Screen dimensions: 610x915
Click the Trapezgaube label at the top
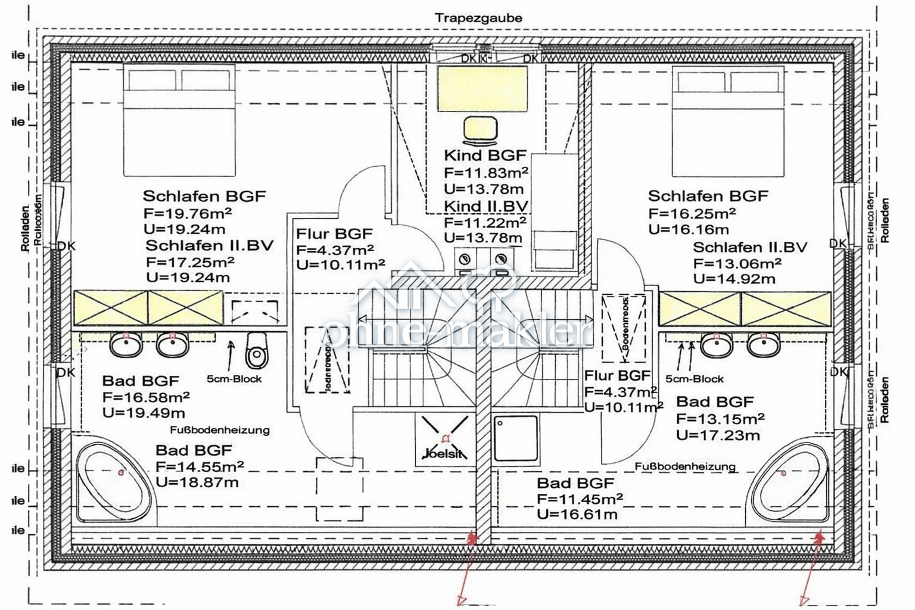(x=478, y=18)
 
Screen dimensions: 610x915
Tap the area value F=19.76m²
(x=188, y=213)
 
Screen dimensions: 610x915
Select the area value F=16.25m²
(x=692, y=213)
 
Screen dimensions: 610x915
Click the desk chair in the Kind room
(x=480, y=131)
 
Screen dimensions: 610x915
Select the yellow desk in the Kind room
(x=483, y=89)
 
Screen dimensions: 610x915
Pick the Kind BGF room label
(x=485, y=155)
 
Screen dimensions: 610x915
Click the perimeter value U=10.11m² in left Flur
(x=340, y=264)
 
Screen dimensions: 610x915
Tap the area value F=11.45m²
(x=580, y=499)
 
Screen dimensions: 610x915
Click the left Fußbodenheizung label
(x=219, y=430)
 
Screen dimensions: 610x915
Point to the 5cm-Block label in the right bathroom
(x=694, y=379)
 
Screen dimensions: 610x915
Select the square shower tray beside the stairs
(x=515, y=438)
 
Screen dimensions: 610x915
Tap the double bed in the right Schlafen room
(x=728, y=122)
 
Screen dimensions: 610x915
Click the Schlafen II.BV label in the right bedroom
(x=749, y=247)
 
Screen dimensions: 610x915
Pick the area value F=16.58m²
(x=146, y=397)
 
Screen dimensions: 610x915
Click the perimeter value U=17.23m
(x=718, y=435)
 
